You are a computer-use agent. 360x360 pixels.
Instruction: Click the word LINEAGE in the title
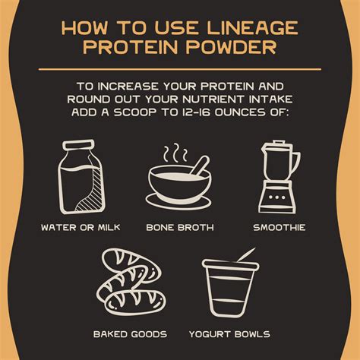[x=250, y=29]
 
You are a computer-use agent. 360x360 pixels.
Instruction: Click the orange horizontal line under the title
[x=180, y=70]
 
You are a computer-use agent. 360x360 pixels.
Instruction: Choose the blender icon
[x=279, y=175]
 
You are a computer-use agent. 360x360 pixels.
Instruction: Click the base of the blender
[x=279, y=201]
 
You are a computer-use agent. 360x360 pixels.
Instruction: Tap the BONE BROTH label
[x=180, y=227]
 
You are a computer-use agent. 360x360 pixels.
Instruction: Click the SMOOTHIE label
[x=279, y=227]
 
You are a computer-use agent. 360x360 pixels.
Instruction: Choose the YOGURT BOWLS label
[x=231, y=334]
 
